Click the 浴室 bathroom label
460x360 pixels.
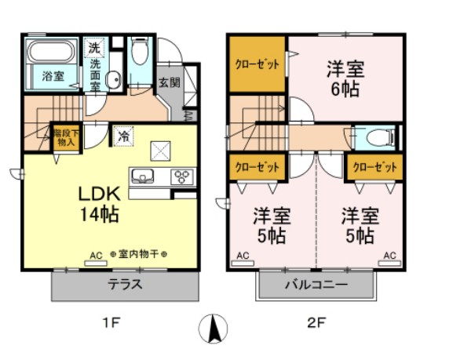pyautogui.click(x=43, y=76)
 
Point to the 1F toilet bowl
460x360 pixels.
pyautogui.click(x=140, y=53)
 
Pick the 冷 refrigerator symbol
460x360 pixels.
pyautogui.click(x=123, y=136)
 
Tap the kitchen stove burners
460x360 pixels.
pyautogui.click(x=182, y=176)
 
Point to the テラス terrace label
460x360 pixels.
pyautogui.click(x=125, y=285)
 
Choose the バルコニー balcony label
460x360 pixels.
pyautogui.click(x=315, y=285)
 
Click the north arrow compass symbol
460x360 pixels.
pyautogui.click(x=214, y=328)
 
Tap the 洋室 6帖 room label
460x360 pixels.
pyautogui.click(x=343, y=79)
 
